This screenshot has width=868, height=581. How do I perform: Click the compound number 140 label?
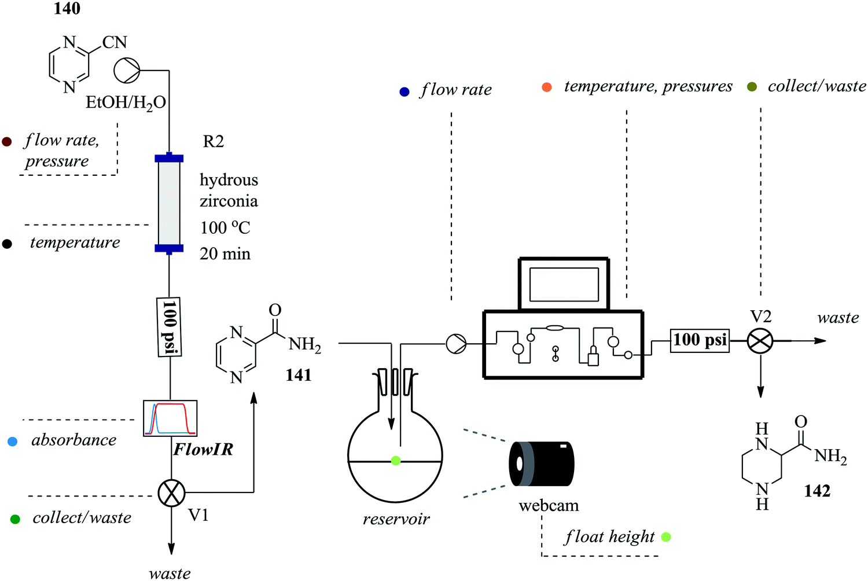click(x=67, y=9)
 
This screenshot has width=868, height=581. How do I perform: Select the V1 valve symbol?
click(x=171, y=493)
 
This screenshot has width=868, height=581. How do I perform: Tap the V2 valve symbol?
click(x=760, y=341)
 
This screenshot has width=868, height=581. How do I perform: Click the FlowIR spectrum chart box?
click(x=170, y=418)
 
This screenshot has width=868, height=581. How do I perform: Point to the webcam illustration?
click(x=542, y=464)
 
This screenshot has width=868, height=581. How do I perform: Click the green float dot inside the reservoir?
click(x=396, y=461)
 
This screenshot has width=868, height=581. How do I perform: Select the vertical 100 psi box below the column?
click(x=169, y=326)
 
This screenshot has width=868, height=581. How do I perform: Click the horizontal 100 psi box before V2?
click(x=700, y=340)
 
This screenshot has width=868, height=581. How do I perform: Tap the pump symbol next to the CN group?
click(x=127, y=71)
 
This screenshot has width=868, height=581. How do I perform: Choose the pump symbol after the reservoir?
click(x=456, y=344)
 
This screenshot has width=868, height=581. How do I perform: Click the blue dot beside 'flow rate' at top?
click(x=404, y=91)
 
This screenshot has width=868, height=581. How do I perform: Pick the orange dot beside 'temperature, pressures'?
click(x=546, y=87)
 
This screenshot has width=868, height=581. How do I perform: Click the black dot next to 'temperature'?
click(x=7, y=244)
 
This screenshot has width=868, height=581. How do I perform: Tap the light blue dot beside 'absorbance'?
click(x=12, y=442)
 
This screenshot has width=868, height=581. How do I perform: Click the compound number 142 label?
click(x=816, y=491)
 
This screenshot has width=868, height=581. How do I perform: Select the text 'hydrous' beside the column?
click(x=229, y=180)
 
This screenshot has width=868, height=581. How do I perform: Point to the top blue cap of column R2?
click(x=169, y=158)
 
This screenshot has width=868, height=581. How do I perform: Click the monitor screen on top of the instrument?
click(x=564, y=284)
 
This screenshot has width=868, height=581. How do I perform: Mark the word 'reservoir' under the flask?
click(x=396, y=519)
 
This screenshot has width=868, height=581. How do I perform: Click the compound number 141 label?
click(x=298, y=375)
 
